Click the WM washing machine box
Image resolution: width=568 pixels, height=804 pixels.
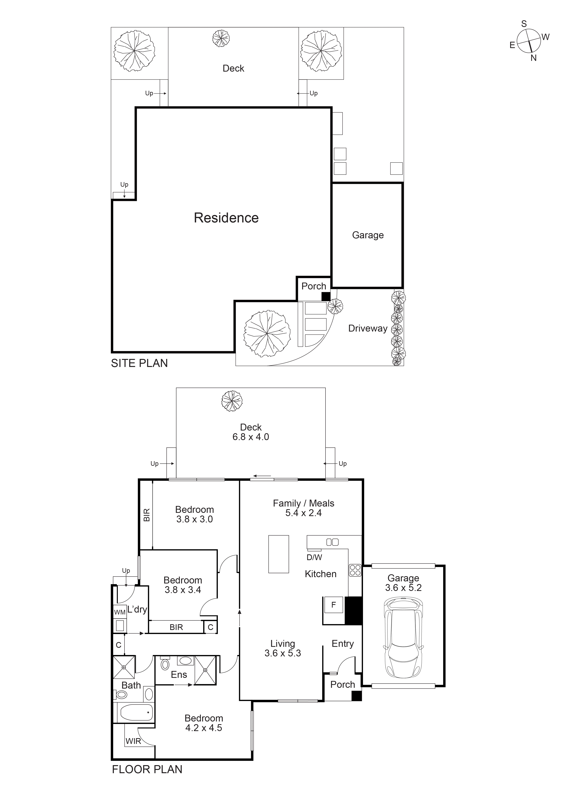pos(120,612)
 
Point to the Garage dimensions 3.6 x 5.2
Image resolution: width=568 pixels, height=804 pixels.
pos(403,588)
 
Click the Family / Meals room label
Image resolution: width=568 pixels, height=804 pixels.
pos(303,503)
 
